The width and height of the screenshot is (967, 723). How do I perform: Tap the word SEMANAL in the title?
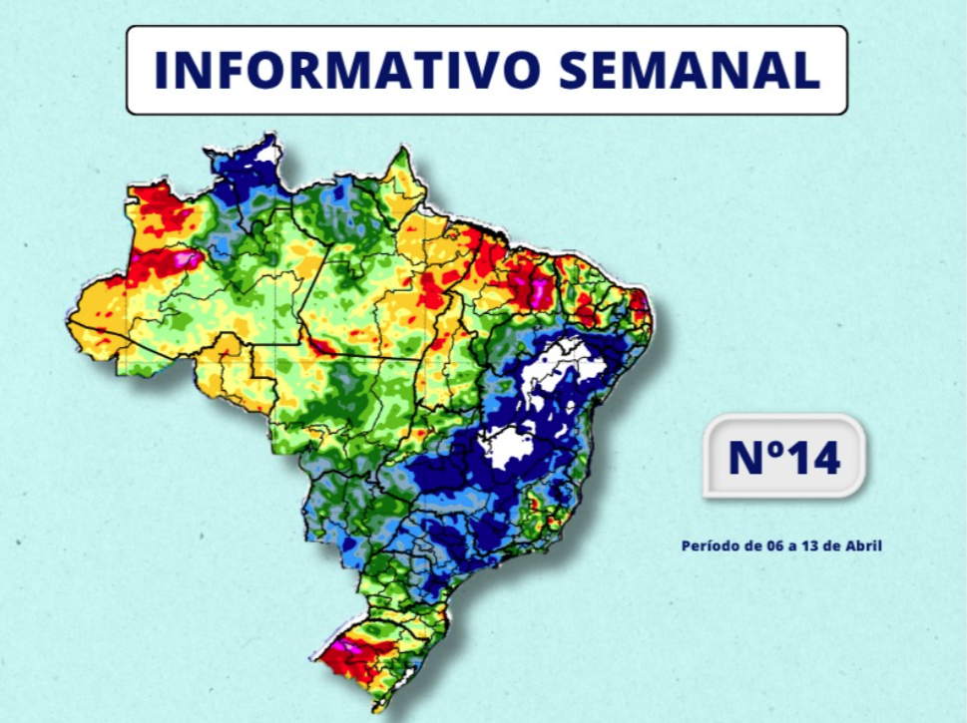click(690, 70)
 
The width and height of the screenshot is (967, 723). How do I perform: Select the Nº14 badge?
click(783, 457)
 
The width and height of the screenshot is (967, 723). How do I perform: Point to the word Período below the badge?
click(708, 545)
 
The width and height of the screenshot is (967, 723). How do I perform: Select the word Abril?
click(863, 545)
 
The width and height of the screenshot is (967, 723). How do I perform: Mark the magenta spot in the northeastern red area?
click(540, 292)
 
